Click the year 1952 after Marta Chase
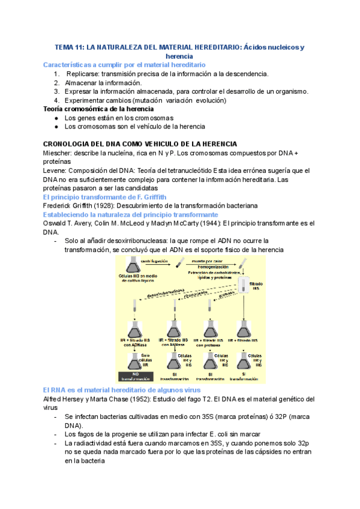click(148, 399)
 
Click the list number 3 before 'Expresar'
click(56, 91)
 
